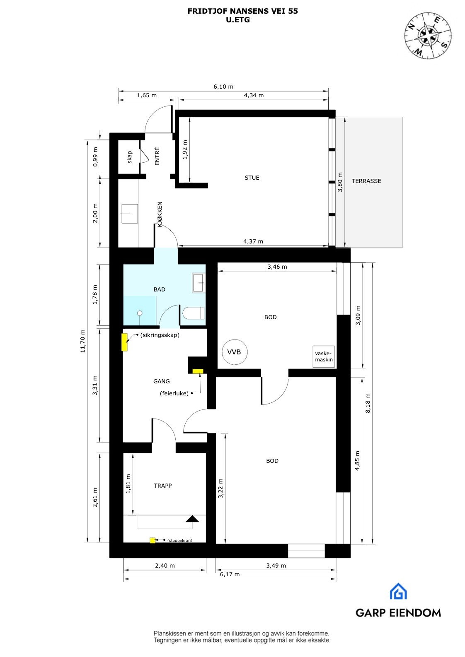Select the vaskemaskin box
[324, 356]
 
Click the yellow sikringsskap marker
[124, 342]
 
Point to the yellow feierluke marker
[198, 371]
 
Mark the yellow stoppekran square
[153, 540]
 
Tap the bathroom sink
[199, 283]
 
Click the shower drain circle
[140, 313]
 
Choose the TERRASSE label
[366, 181]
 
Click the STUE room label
[252, 178]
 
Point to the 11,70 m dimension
[83, 341]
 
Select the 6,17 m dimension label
[230, 574]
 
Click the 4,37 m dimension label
[253, 241]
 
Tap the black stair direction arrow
[192, 518]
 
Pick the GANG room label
[161, 381]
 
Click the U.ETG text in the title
[238, 19]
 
